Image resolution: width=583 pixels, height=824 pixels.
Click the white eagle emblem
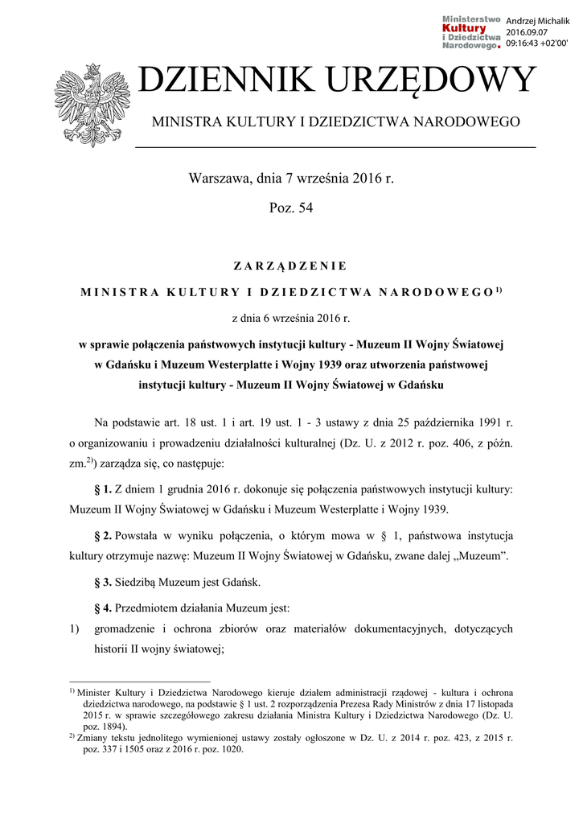[86, 105]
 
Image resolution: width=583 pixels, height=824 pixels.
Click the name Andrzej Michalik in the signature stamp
[537, 21]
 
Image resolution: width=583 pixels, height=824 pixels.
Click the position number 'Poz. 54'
[290, 208]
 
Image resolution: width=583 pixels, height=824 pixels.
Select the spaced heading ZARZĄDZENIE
[290, 265]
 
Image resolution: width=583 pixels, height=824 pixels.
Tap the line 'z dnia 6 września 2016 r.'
[290, 318]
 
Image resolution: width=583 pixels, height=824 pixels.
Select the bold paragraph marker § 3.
[103, 581]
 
